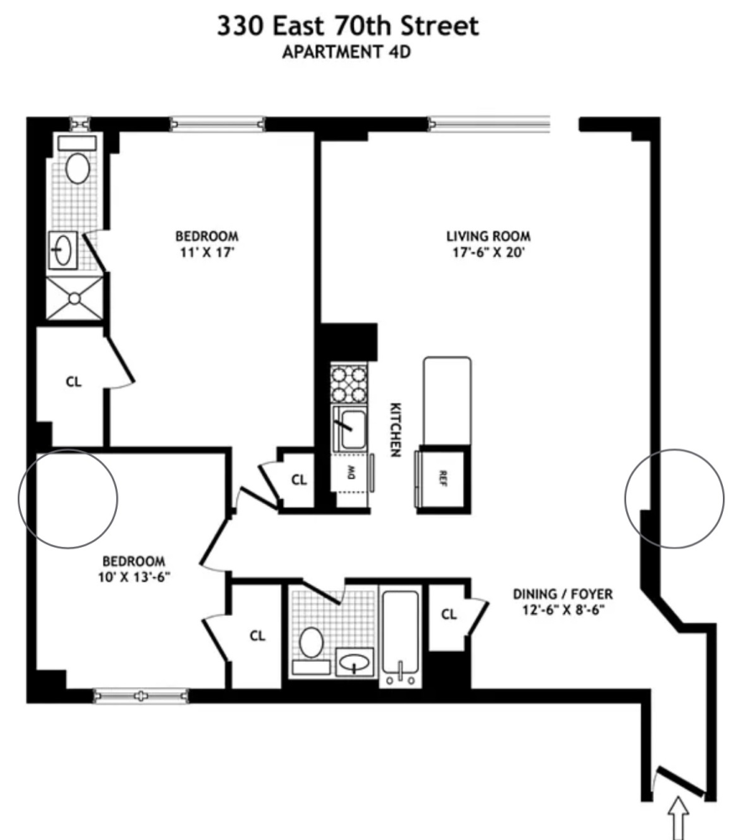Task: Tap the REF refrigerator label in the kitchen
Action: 443,478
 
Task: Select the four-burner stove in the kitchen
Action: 348,384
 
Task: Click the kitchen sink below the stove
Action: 350,428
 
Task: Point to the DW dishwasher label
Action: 351,472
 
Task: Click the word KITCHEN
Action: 395,429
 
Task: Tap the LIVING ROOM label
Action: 488,236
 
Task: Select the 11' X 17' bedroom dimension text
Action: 207,252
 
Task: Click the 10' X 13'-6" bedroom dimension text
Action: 134,577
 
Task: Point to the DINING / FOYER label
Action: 562,594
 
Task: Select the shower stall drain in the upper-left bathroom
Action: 75,298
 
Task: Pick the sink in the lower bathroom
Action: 354,662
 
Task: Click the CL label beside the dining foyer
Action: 449,615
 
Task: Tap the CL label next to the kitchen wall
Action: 299,480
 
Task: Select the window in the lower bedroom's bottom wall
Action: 141,696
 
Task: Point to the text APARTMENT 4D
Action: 347,52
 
